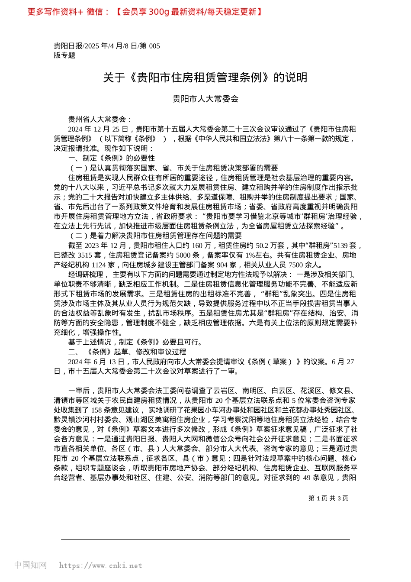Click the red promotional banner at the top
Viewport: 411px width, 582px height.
pyautogui.click(x=145, y=12)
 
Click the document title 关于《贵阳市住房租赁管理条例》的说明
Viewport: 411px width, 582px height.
pyautogui.click(x=205, y=78)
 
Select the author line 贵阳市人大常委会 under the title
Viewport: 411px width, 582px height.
pyautogui.click(x=205, y=99)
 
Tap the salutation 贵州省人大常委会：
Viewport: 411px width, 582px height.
pyautogui.click(x=100, y=120)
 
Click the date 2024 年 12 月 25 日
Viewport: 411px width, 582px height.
pyautogui.click(x=98, y=129)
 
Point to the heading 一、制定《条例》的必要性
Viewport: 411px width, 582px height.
pyautogui.click(x=112, y=158)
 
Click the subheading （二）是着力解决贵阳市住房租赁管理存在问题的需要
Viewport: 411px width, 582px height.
pyautogui.click(x=155, y=236)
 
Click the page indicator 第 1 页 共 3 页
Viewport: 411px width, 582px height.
pyautogui.click(x=328, y=498)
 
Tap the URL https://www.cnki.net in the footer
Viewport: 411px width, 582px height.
pyautogui.click(x=100, y=566)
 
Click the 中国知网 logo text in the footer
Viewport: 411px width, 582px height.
pyautogui.click(x=31, y=565)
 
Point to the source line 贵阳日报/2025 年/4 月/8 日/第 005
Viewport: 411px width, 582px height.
pyautogui.click(x=107, y=46)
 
